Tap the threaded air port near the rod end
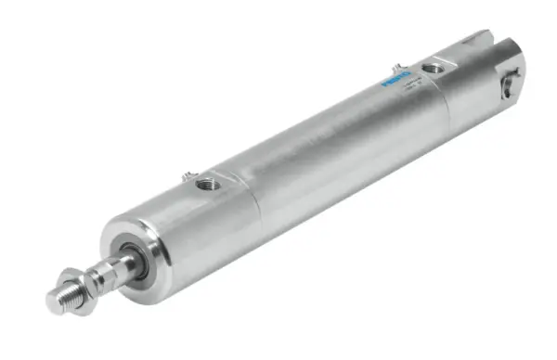coord(209,185)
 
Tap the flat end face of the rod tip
coord(53,299)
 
